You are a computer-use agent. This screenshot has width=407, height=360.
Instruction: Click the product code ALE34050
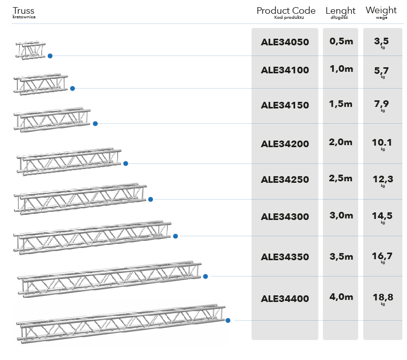coord(284,43)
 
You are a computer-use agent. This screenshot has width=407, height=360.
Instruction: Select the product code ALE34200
coord(284,144)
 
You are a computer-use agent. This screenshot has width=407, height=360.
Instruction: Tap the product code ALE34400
coord(284,298)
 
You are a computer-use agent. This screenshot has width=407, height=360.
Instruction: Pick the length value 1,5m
coord(341,104)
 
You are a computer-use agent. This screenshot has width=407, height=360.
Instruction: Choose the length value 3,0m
coord(341,215)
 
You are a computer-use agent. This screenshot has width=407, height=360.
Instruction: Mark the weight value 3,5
coord(383,41)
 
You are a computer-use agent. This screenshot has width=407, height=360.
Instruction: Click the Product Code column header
coord(286,11)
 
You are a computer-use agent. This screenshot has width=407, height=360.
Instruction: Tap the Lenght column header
coord(340,11)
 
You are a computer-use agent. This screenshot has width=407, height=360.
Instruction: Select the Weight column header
coord(381,10)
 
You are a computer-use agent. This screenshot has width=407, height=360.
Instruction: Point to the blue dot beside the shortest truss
coord(50,56)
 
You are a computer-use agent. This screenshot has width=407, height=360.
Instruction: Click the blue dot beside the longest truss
coord(228,320)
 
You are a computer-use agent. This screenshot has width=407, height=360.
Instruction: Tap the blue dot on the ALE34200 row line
coord(126,163)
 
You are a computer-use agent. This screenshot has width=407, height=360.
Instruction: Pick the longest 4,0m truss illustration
coord(121,322)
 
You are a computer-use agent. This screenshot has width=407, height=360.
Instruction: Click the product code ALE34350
coord(284,257)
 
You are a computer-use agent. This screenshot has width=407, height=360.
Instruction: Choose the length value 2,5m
coord(341,178)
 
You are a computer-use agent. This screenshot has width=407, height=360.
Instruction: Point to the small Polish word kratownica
coord(24,17)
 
